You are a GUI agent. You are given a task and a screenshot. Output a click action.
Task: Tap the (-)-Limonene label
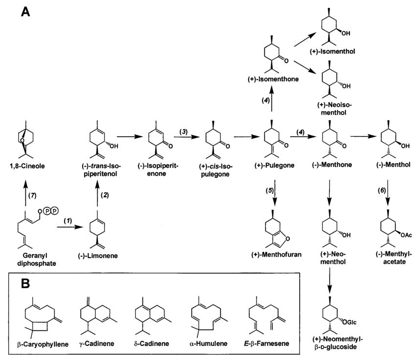pyautogui.click(x=104, y=255)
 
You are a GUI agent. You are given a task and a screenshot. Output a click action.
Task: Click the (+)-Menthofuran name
pyautogui.click(x=278, y=254)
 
